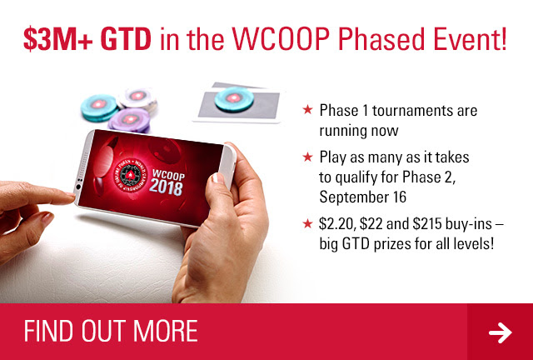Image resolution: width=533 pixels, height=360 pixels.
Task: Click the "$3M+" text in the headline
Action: coord(57,39)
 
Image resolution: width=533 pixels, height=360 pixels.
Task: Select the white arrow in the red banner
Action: coord(501,332)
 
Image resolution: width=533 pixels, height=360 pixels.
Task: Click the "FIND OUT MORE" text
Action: coord(111,331)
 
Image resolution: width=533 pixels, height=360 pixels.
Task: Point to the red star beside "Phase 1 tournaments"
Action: coord(307,109)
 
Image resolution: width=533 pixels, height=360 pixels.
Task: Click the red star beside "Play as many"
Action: coord(307,157)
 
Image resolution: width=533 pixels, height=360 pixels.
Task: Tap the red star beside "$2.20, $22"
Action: coord(307,223)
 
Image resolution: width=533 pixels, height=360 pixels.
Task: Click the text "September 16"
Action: coord(363,197)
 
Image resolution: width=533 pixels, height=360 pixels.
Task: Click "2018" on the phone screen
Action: coord(166,187)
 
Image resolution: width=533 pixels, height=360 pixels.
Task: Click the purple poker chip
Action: coord(130,120)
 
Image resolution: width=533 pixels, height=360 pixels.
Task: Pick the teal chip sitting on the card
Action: coord(234,99)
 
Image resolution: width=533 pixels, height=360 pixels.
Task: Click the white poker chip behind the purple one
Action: coord(137,98)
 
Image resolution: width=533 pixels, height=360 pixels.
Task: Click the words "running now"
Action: coord(359,131)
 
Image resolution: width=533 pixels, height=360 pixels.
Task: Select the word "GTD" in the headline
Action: coord(126,39)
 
